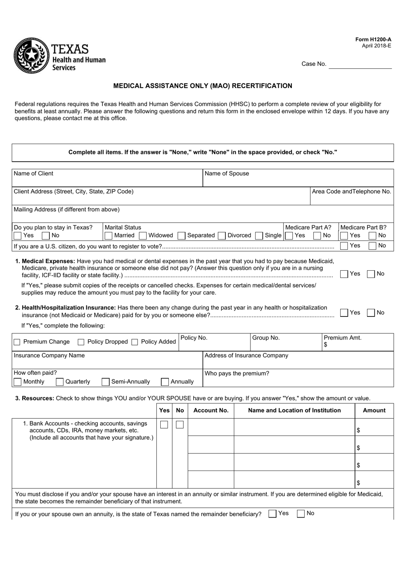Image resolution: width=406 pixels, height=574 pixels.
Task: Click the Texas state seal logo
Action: [31, 55]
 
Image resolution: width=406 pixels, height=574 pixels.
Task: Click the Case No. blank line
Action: [360, 65]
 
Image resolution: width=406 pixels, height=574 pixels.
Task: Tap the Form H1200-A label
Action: [373, 39]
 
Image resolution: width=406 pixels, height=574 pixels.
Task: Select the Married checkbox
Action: [109, 236]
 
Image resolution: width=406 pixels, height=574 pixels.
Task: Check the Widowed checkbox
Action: [143, 236]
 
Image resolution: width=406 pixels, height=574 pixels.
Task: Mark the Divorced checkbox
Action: [222, 236]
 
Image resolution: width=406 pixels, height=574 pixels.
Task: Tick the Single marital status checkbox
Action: [259, 236]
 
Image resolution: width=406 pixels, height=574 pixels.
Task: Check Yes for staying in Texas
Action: [18, 236]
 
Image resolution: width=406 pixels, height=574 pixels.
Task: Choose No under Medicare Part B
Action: [372, 236]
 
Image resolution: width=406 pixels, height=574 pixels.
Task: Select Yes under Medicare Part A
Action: [289, 236]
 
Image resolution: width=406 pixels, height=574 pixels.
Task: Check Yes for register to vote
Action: [344, 246]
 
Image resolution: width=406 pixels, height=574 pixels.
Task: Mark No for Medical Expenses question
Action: [371, 274]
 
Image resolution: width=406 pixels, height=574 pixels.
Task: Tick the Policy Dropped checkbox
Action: [81, 342]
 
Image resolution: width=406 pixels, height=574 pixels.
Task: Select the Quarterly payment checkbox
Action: [59, 382]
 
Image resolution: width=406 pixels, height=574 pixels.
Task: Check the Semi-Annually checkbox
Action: [106, 382]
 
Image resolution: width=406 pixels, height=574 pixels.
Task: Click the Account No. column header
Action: [211, 411]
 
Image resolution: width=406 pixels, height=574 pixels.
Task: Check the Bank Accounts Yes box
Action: [164, 425]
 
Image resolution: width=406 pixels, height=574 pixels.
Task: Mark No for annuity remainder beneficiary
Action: [301, 514]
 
